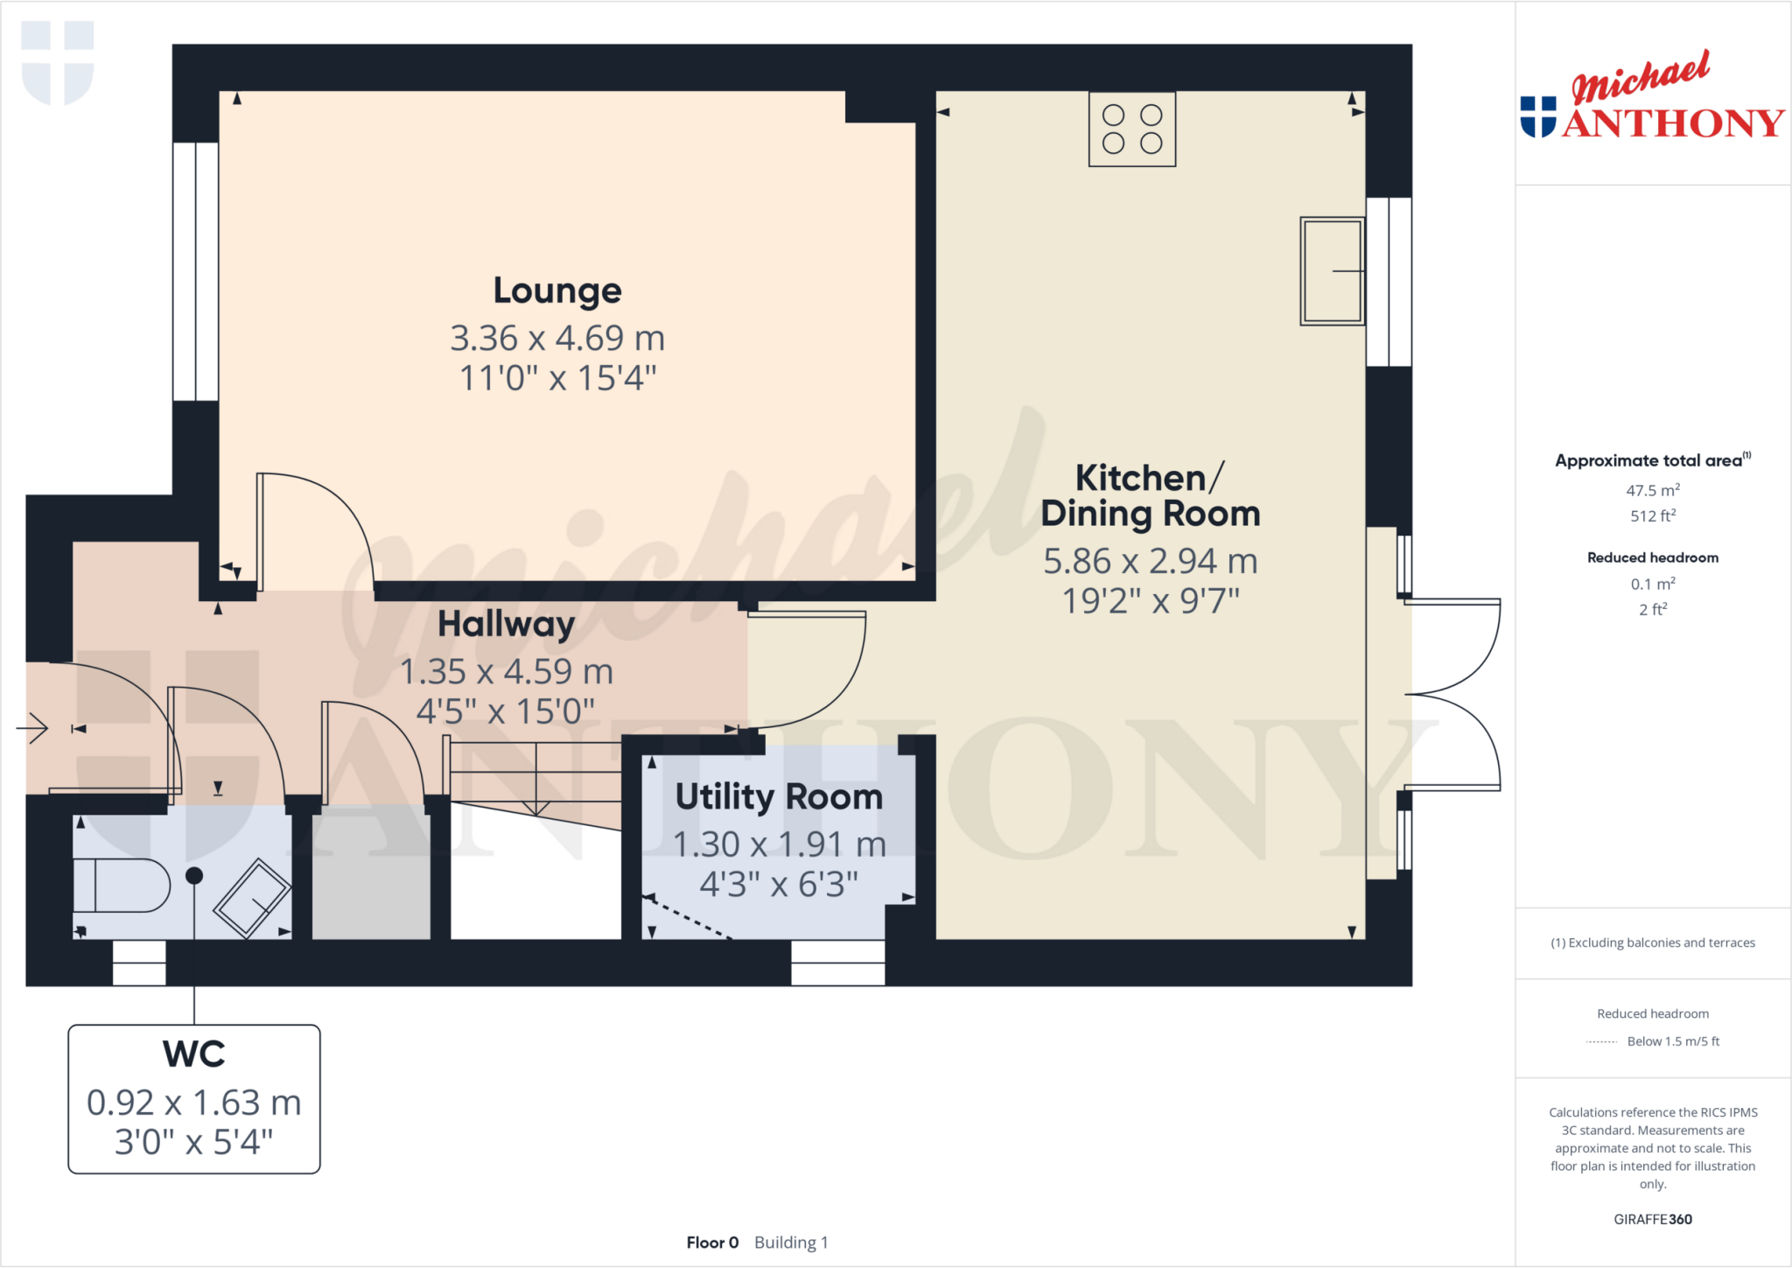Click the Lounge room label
(557, 291)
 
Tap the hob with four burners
(1131, 129)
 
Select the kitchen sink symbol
(1331, 271)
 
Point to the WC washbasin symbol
(253, 899)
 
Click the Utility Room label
(779, 797)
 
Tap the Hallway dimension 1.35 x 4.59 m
(507, 672)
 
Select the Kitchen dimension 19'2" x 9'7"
(1151, 601)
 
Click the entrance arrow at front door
(33, 727)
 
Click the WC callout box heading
(194, 1054)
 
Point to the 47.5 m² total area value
(1652, 490)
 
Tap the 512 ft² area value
(1652, 516)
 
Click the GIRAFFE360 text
(1652, 1219)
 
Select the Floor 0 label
(712, 1243)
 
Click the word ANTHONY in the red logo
(1673, 123)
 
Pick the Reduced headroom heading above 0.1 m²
(1652, 557)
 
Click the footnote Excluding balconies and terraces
(1652, 942)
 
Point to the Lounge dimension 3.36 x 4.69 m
(557, 338)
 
